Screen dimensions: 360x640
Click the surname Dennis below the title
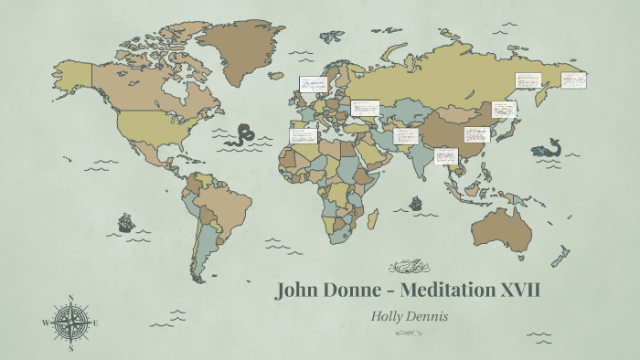tap(430, 315)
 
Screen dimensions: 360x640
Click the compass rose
tap(70, 323)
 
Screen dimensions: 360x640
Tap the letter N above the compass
tap(70, 297)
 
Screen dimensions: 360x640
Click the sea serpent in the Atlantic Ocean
tap(242, 135)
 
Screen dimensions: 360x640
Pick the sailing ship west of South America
tap(125, 222)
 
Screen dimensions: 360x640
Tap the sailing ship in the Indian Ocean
tap(416, 203)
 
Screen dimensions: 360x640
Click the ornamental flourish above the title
tap(408, 268)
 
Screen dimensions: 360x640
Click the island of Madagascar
tap(373, 219)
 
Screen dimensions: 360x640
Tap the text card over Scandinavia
tap(313, 84)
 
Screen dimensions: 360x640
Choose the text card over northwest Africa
tap(304, 136)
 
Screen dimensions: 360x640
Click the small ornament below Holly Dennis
tap(408, 333)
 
